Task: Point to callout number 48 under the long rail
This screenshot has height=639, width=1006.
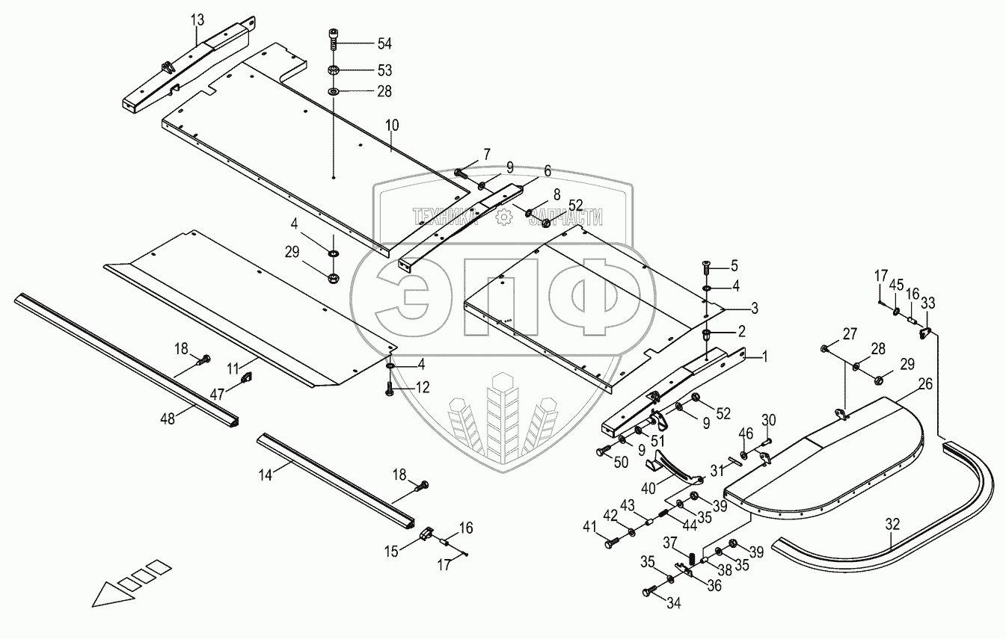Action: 166,419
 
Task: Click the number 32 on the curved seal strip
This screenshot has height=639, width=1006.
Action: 892,525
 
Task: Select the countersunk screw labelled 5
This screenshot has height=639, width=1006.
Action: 707,265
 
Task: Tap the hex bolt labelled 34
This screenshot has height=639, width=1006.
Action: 648,592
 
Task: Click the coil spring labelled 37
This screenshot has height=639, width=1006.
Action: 692,558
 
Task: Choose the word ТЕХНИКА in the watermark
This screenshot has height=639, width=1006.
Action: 446,217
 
